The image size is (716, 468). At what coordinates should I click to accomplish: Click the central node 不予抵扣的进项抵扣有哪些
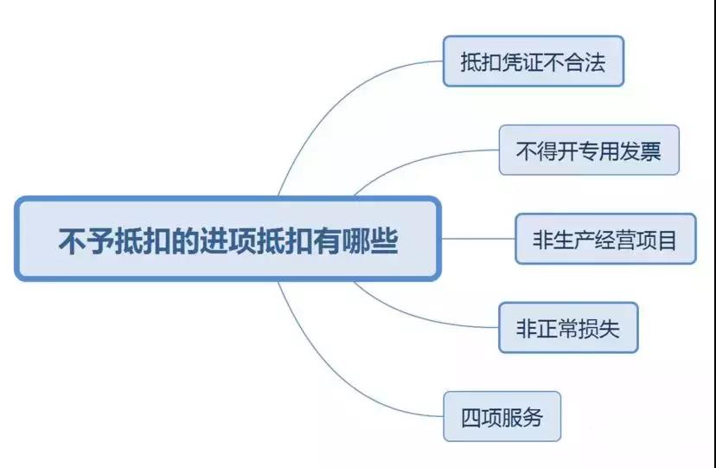point(227,239)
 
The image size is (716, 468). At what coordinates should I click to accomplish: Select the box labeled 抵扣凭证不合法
point(534,61)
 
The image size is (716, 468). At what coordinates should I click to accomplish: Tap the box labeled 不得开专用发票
point(589,151)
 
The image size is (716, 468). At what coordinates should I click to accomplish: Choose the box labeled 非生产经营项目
point(605,239)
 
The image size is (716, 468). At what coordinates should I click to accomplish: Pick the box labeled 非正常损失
point(568,327)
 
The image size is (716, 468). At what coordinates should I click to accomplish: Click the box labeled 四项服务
point(502,417)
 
